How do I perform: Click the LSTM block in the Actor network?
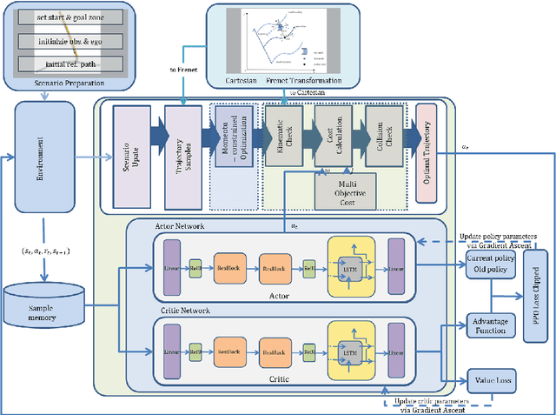[351, 269]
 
